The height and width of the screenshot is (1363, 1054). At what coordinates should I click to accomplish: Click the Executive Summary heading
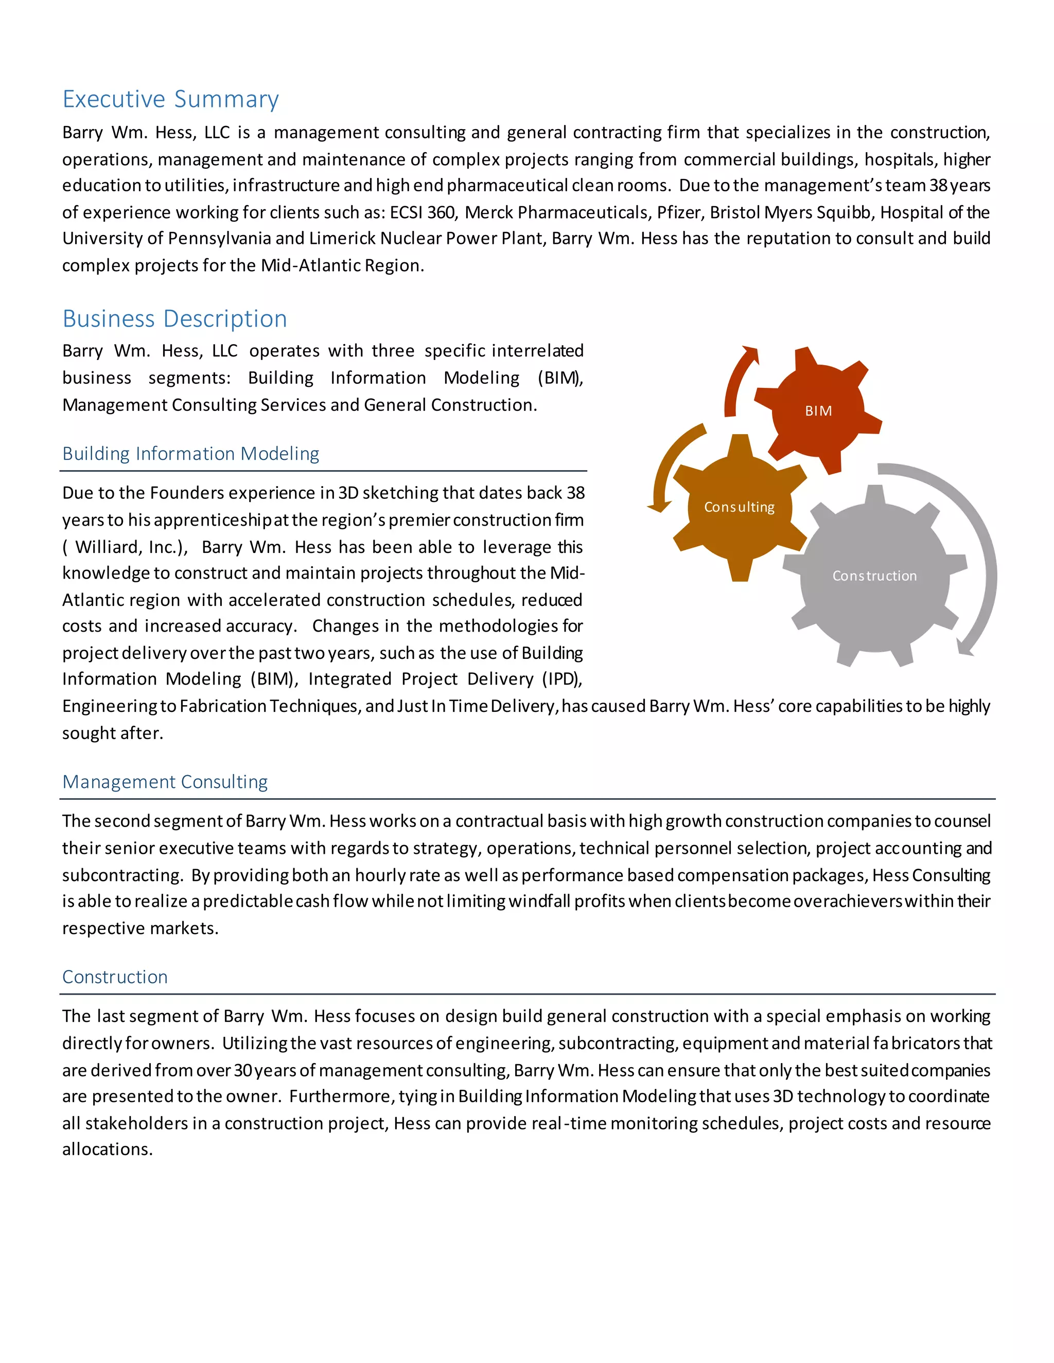[170, 99]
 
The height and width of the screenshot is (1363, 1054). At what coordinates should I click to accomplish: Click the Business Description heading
[175, 319]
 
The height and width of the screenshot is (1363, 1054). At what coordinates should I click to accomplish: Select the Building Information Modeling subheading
[190, 454]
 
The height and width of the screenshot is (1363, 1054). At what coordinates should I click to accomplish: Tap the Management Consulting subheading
[165, 782]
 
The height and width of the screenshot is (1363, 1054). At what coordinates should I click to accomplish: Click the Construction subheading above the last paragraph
[115, 977]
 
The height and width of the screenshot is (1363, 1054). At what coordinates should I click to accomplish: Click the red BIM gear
[818, 410]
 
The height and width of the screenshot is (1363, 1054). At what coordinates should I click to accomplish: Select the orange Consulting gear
[740, 507]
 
